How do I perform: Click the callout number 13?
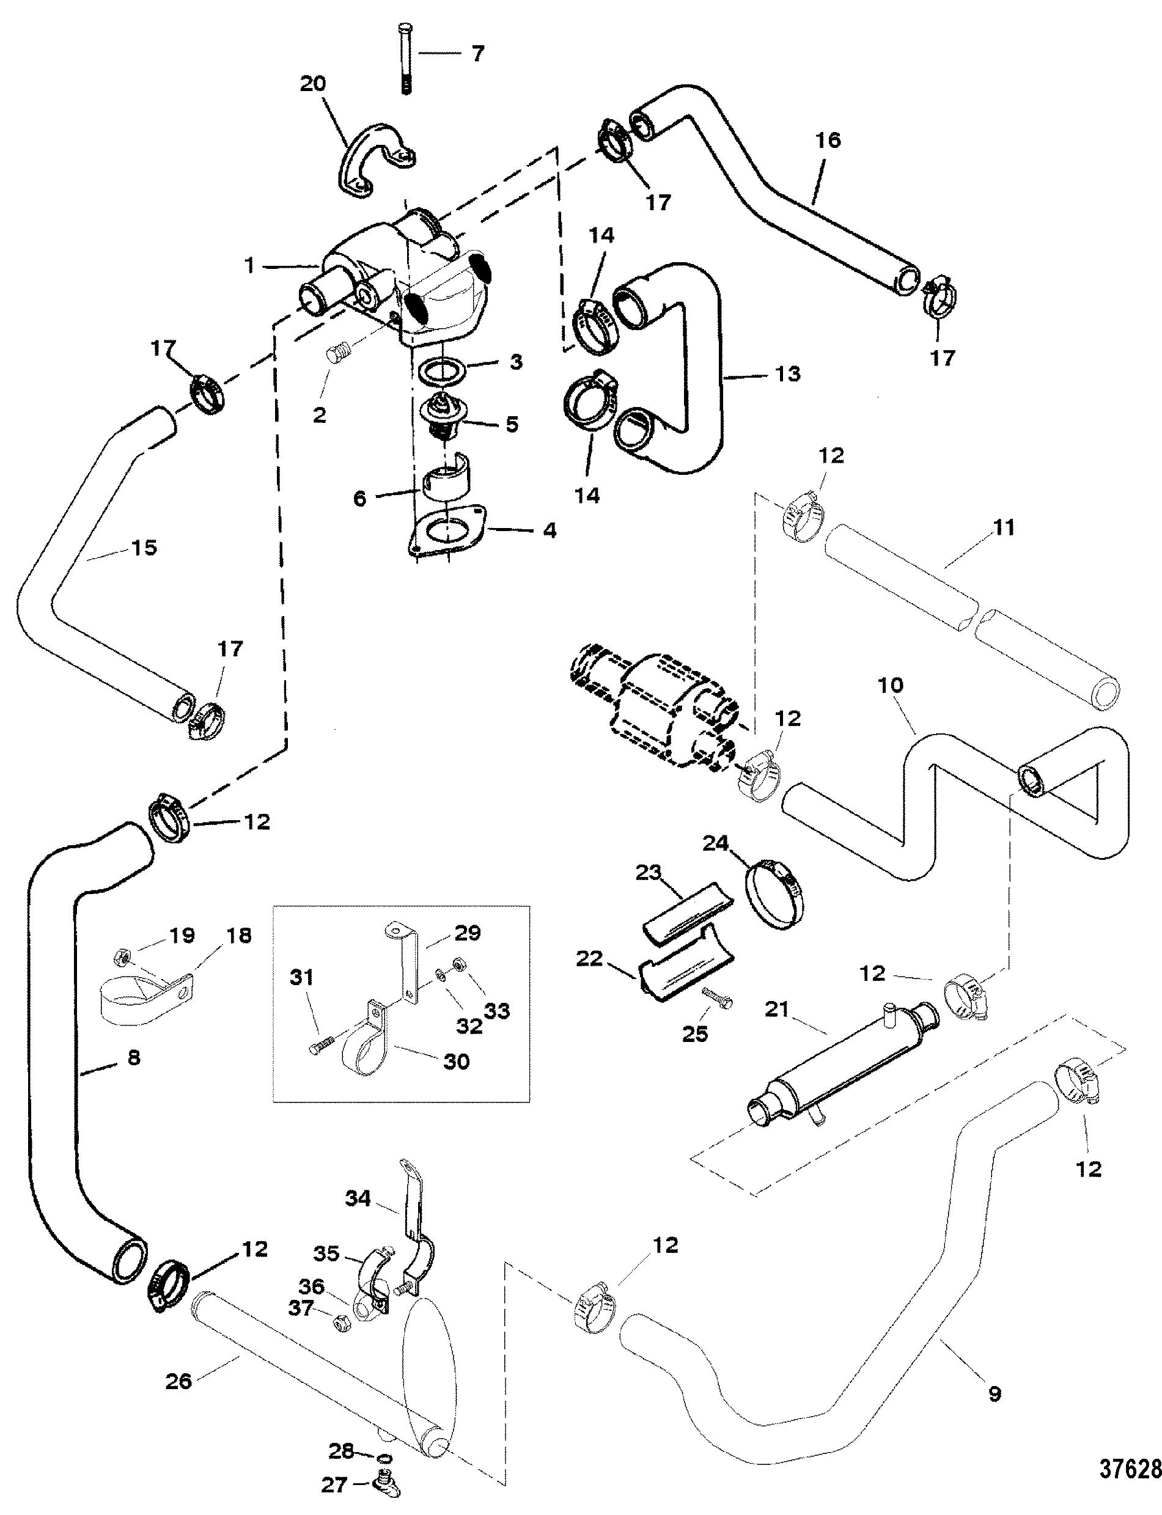pos(788,374)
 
